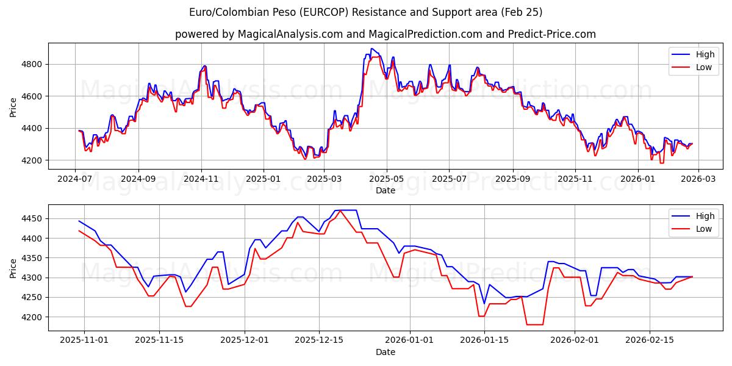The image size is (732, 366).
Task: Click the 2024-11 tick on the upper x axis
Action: (x=201, y=180)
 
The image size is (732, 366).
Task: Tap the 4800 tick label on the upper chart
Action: (x=30, y=64)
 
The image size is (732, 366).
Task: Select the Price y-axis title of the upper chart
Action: (x=13, y=106)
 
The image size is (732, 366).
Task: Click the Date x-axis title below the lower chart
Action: (x=385, y=353)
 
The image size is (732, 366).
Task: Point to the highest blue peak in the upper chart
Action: (x=371, y=49)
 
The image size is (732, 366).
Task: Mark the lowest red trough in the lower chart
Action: (x=534, y=325)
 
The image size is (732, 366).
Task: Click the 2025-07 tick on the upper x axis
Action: (x=449, y=180)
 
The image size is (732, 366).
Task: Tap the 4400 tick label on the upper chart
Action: (x=30, y=128)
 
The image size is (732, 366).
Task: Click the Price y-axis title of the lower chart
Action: (x=13, y=268)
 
